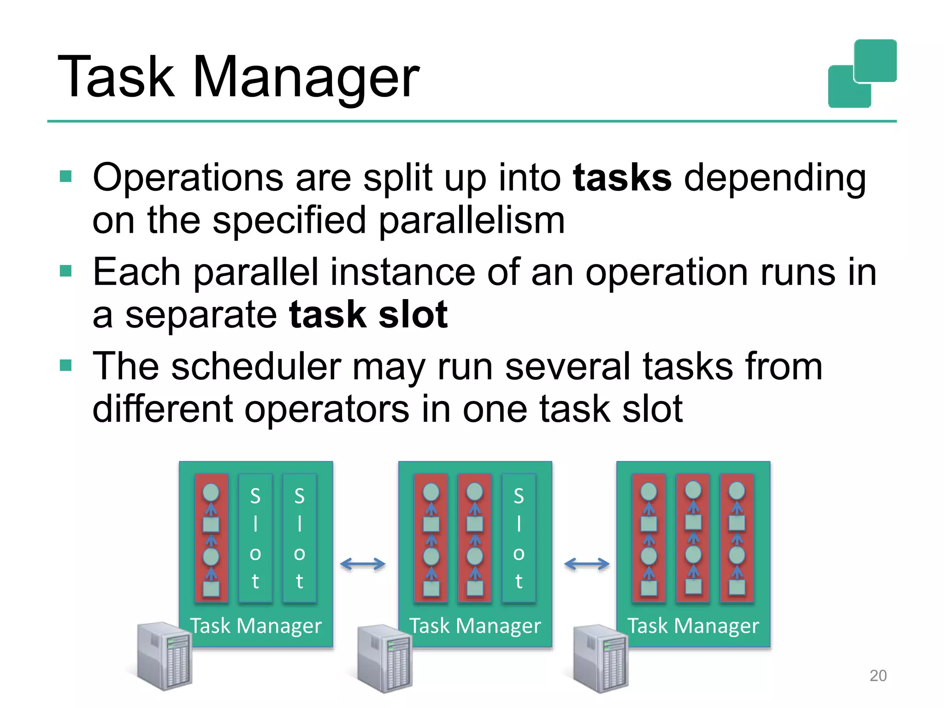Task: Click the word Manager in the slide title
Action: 305,77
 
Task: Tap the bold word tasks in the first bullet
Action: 622,178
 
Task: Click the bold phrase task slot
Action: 368,315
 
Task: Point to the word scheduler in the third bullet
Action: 256,367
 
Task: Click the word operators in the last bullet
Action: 326,409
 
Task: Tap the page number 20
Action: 878,676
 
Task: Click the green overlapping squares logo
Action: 862,74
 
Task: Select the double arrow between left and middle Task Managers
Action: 363,564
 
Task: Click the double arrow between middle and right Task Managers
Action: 586,564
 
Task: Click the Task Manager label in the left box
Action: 256,626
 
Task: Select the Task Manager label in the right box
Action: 693,626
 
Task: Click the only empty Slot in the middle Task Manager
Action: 519,538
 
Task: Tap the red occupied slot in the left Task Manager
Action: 211,538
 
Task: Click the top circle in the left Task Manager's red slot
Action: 211,492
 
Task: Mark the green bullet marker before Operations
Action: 66,176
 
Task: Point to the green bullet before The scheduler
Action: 66,366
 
